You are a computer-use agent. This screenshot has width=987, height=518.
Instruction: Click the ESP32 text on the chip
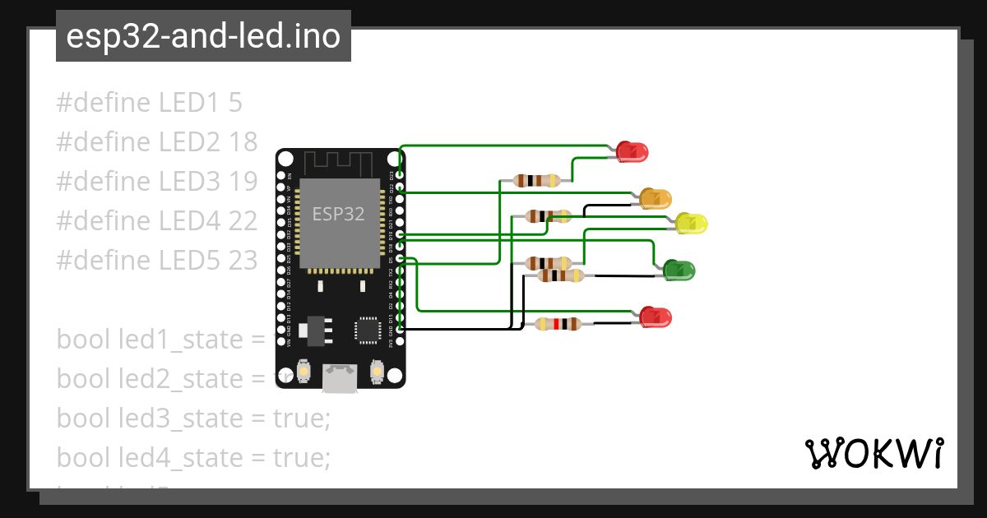[x=338, y=215]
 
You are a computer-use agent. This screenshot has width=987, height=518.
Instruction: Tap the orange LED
[x=655, y=198]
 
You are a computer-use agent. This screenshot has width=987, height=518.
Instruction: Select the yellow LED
[x=691, y=223]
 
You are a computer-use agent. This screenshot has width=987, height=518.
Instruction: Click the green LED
[x=679, y=269]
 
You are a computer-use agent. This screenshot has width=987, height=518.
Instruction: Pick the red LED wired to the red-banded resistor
[x=656, y=317]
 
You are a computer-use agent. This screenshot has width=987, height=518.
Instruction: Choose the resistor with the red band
[x=558, y=324]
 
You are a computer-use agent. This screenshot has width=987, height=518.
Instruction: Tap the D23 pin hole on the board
[x=400, y=175]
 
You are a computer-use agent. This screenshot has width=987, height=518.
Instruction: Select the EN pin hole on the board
[x=282, y=175]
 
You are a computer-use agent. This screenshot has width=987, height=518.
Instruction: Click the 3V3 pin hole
[x=400, y=341]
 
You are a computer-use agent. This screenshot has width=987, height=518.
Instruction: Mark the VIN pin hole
[x=282, y=341]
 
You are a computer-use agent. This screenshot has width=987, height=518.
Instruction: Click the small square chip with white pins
[x=367, y=329]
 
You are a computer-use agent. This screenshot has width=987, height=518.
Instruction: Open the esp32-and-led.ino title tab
[x=203, y=36]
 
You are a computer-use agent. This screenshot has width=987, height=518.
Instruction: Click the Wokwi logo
[x=873, y=454]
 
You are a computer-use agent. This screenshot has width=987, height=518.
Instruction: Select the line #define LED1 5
[x=149, y=103]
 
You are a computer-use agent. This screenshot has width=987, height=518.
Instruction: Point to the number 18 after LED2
[x=243, y=142]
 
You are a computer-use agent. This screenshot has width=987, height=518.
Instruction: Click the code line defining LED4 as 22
[x=157, y=221]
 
